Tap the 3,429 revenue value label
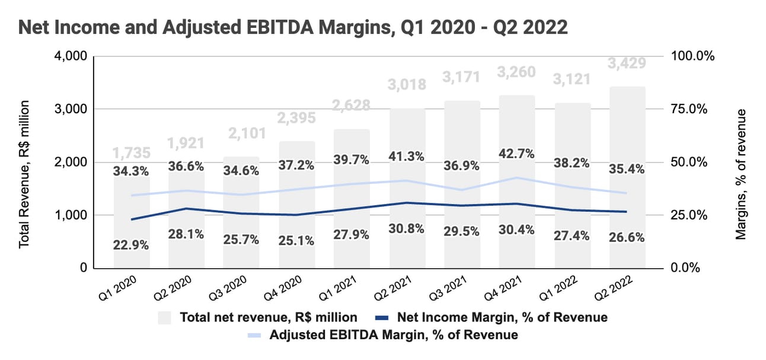coord(627,63)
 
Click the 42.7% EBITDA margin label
coord(516,154)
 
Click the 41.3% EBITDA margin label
coord(406,158)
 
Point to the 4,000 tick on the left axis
coord(71,56)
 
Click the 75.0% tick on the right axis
coord(692,109)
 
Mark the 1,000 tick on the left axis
coord(71,215)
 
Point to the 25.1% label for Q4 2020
coord(296,242)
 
